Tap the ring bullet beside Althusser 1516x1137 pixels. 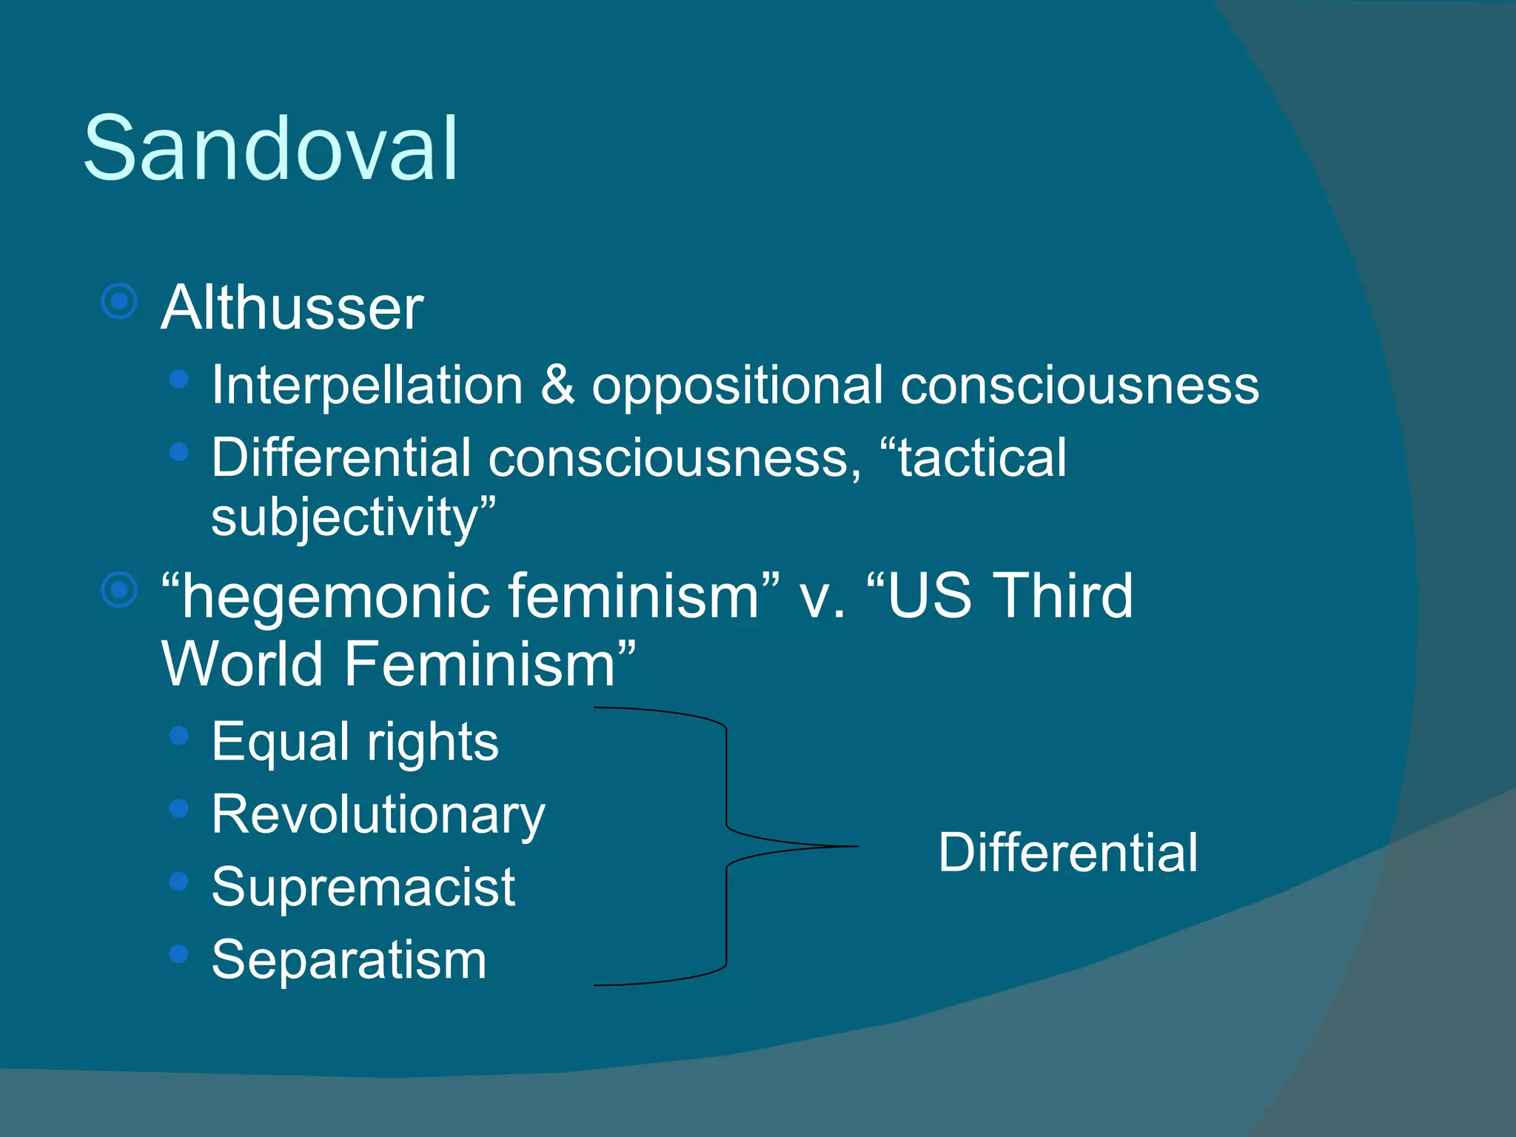coord(119,301)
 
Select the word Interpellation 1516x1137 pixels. coord(367,385)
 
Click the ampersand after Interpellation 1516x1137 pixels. coord(557,385)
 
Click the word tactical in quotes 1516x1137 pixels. coord(982,457)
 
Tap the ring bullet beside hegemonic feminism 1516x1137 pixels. coord(119,590)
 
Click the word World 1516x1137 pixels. coord(242,664)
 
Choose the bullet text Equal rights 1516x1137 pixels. coord(355,742)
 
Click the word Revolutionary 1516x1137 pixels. coord(378,815)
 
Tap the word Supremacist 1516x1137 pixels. coord(363,887)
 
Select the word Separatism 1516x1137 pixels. coord(349,960)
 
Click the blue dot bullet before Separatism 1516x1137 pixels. coord(178,953)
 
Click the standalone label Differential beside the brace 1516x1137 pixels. coord(1067,853)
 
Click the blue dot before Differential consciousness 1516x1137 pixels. coord(178,452)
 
